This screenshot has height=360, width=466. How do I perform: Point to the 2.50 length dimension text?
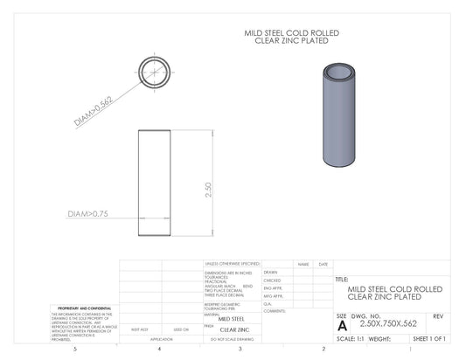[208, 190]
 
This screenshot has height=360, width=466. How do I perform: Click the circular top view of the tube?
[154, 73]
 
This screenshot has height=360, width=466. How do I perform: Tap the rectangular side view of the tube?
[154, 183]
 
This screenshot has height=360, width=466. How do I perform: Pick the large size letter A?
[341, 324]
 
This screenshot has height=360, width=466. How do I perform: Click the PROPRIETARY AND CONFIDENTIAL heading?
[84, 308]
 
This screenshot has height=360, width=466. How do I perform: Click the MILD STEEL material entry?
[232, 319]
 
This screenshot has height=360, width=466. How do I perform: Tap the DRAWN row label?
[271, 272]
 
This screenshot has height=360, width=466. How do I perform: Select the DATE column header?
[323, 264]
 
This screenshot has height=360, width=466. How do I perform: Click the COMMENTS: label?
[275, 311]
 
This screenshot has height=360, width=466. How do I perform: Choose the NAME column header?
[303, 264]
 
